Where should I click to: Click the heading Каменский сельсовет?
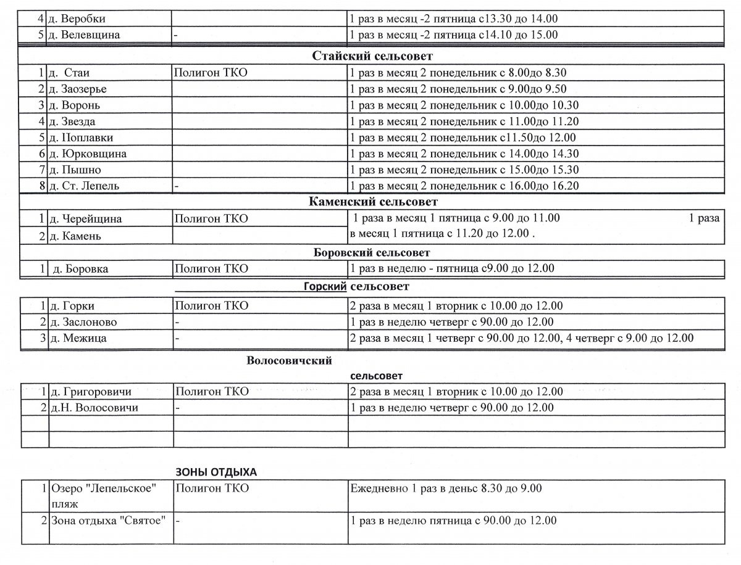(x=373, y=202)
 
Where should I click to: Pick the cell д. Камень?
(x=75, y=236)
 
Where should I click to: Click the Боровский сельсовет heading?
(x=372, y=252)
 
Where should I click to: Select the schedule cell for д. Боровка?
(x=452, y=268)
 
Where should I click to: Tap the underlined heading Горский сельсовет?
(x=356, y=286)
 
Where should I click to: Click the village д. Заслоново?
(x=83, y=322)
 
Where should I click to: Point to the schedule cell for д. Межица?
(x=521, y=338)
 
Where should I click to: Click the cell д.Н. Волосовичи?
(x=93, y=408)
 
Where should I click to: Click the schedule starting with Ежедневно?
(x=445, y=489)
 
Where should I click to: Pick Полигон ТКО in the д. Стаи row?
(x=211, y=73)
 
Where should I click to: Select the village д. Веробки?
(x=77, y=19)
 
